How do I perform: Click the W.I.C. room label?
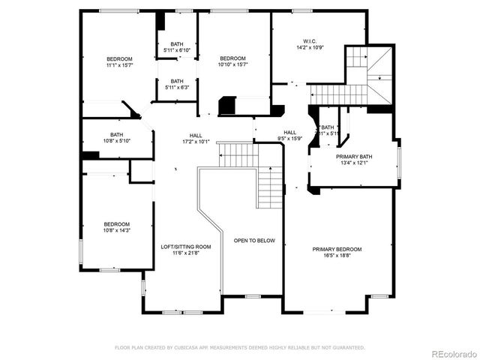[311, 40]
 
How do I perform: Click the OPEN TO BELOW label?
[254, 241]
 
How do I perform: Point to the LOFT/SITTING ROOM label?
[186, 247]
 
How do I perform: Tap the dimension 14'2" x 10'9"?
[311, 47]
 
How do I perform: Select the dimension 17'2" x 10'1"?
[195, 142]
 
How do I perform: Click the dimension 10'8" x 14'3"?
[117, 230]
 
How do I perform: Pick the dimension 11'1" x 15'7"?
[119, 65]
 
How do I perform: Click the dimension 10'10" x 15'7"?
[232, 64]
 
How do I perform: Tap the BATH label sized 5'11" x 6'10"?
[177, 43]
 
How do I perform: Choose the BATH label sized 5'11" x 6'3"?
[177, 81]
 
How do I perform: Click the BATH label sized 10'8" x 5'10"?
[117, 135]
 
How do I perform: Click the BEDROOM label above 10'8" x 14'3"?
[117, 223]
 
